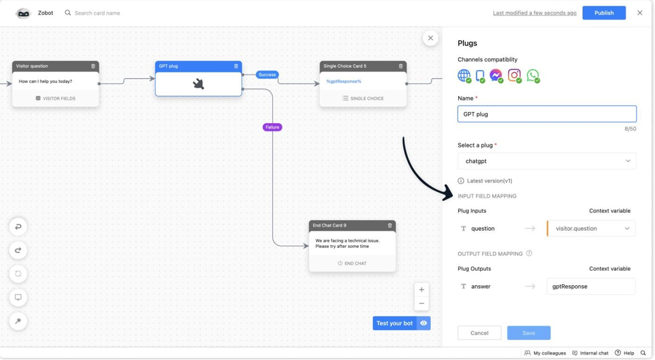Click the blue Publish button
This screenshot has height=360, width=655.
(604, 13)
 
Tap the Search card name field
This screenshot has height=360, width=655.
(97, 13)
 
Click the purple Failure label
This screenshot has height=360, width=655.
(272, 127)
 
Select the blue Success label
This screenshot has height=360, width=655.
(267, 75)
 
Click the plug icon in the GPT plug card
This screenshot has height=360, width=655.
(199, 84)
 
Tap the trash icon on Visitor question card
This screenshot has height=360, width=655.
(93, 66)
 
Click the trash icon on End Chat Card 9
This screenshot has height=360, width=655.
(390, 225)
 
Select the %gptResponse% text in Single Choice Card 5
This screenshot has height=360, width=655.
(344, 81)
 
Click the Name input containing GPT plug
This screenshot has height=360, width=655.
(547, 114)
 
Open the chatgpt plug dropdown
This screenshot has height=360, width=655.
(547, 161)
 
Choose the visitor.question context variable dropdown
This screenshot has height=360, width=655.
(591, 229)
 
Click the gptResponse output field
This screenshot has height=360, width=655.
(591, 286)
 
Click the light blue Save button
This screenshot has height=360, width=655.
(529, 333)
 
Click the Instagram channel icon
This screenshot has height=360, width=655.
(514, 76)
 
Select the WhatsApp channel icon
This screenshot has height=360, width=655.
(532, 76)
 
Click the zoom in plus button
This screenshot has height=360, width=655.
(421, 290)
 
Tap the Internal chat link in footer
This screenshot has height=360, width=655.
(590, 353)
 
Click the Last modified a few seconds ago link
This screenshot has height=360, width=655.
(535, 13)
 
